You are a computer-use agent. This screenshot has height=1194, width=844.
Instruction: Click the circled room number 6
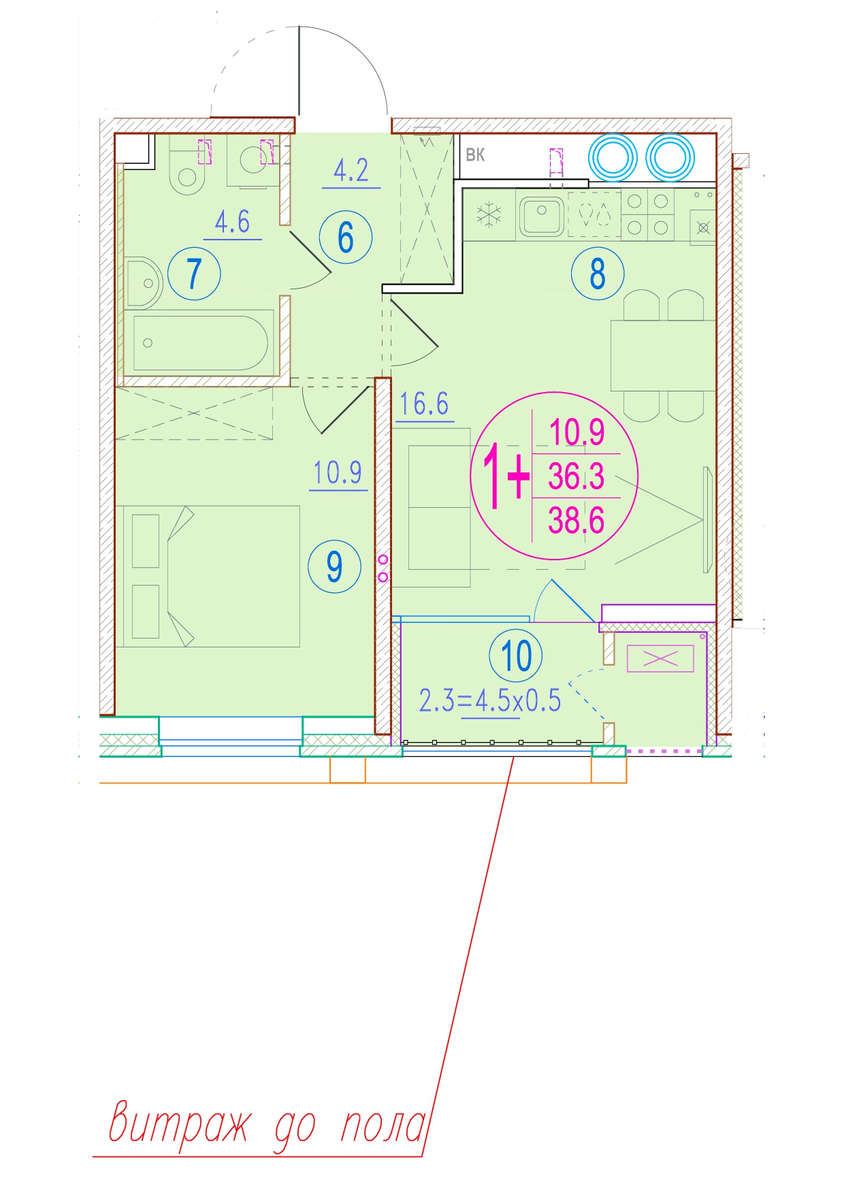coord(346,238)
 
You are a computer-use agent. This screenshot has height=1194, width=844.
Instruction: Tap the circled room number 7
coord(194,274)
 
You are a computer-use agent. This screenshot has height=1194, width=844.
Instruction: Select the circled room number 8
coord(598,273)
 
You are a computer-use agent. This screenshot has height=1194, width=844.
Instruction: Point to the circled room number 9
coord(334,566)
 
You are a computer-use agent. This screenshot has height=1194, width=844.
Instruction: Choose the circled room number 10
coord(516,656)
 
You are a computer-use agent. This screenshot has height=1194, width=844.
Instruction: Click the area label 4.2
coord(351,170)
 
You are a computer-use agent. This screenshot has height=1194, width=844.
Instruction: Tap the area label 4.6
coord(233,222)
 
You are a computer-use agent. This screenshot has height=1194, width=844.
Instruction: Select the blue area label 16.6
coord(424,404)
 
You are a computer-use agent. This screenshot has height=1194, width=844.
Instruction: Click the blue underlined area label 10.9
coord(338,472)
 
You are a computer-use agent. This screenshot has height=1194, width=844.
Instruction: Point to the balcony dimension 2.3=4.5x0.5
coord(490,700)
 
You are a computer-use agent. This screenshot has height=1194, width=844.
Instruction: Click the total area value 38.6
coord(577,521)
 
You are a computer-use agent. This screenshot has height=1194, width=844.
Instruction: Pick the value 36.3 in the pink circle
coord(577,476)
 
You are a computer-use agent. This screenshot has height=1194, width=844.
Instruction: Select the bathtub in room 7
coord(200,343)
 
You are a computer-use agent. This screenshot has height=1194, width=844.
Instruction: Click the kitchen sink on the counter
coord(542,214)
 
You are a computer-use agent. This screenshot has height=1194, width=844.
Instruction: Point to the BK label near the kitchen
coord(475,155)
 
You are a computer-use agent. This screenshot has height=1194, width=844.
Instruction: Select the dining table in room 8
coord(663,355)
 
